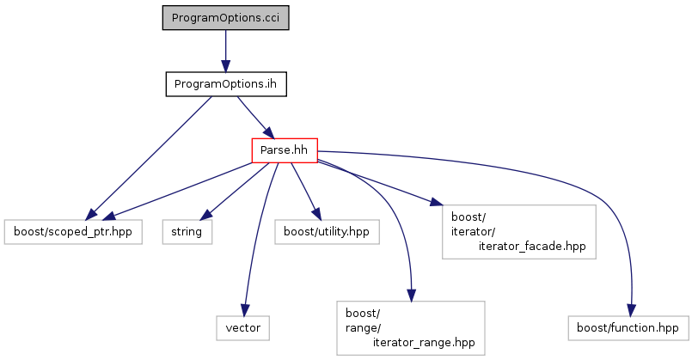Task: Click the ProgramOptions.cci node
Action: [x=225, y=18]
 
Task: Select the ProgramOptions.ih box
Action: [x=226, y=84]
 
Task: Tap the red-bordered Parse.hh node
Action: [x=285, y=150]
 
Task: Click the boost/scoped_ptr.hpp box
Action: [x=73, y=232]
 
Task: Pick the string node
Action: [x=187, y=232]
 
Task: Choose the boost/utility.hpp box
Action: [x=327, y=232]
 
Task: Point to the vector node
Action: [x=242, y=328]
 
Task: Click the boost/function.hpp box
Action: [x=628, y=328]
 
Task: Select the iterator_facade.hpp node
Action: [x=518, y=232]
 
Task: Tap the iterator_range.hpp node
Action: [x=410, y=328]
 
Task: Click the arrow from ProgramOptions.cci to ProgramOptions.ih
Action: [x=225, y=51]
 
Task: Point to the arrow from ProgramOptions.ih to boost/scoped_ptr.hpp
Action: [x=148, y=158]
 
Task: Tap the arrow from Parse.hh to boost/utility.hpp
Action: [x=305, y=191]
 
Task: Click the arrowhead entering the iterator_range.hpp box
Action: [x=411, y=296]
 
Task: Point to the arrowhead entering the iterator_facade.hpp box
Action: [x=436, y=203]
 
